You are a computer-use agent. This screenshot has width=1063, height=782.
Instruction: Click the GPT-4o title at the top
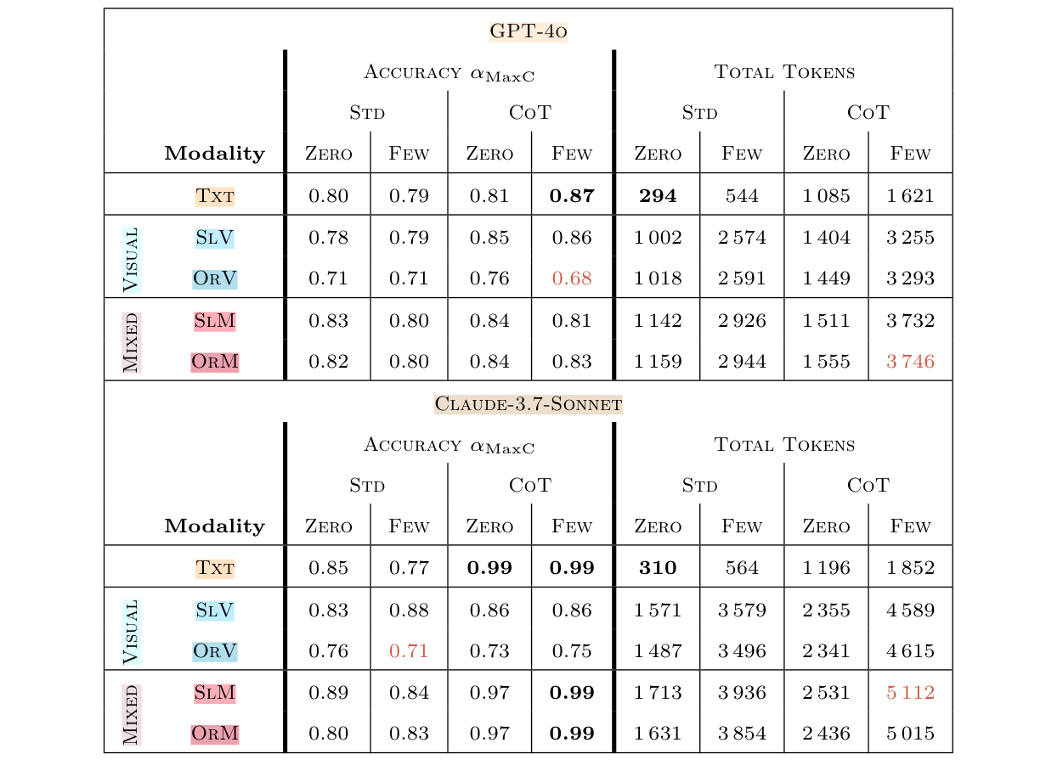(x=528, y=32)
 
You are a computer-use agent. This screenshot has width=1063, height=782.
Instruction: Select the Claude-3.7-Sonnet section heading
(x=528, y=404)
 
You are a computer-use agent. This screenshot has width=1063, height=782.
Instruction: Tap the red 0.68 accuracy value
(x=572, y=278)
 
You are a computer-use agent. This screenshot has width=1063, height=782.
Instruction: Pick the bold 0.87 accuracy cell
(x=572, y=196)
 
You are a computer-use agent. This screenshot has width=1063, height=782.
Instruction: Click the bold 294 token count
(x=658, y=196)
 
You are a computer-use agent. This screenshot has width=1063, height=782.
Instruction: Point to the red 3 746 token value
(x=910, y=362)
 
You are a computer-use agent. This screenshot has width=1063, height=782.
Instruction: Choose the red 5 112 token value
(x=910, y=693)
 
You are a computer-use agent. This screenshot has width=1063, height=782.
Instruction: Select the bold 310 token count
(x=658, y=568)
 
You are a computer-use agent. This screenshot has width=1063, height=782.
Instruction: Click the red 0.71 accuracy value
(x=409, y=651)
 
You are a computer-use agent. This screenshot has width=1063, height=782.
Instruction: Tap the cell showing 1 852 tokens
(x=910, y=568)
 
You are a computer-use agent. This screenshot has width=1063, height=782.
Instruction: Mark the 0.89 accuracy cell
(x=328, y=693)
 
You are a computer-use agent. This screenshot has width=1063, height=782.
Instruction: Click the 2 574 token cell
(x=742, y=238)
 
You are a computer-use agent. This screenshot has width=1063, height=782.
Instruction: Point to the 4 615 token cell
(x=910, y=651)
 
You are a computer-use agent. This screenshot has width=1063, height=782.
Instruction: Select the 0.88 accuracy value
(x=409, y=610)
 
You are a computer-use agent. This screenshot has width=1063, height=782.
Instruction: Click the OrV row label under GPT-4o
(x=214, y=278)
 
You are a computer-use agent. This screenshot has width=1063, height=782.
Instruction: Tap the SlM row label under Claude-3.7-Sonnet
(x=214, y=693)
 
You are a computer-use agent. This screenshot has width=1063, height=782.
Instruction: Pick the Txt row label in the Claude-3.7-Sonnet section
(x=214, y=568)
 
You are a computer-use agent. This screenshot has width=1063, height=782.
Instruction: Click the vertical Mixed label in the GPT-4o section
(x=130, y=341)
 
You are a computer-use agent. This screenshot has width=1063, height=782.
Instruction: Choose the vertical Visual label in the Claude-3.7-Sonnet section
(x=130, y=631)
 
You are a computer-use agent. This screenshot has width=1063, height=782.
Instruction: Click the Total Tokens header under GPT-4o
(x=784, y=72)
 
